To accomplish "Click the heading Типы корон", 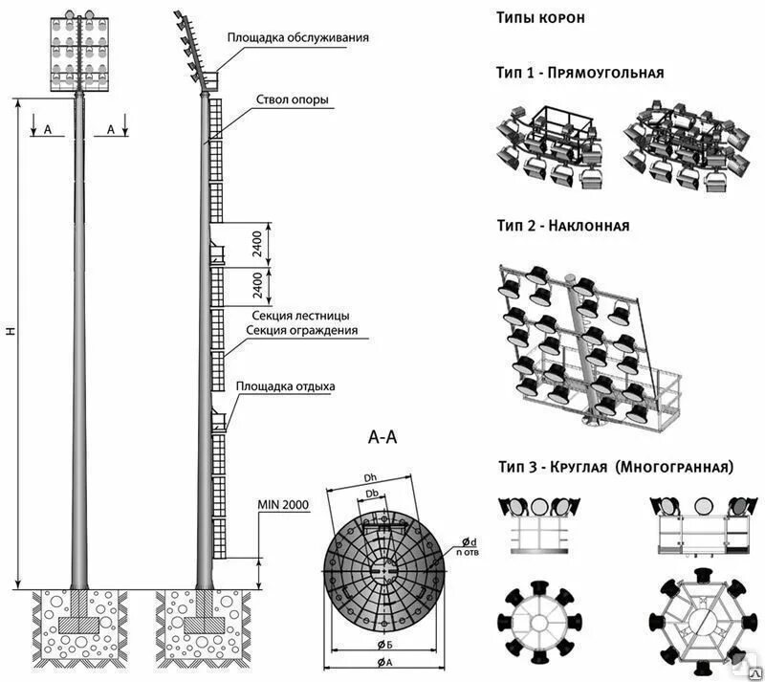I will pyautogui.click(x=541, y=17).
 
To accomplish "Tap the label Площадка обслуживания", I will pyautogui.click(x=297, y=38).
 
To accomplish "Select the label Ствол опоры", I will pyautogui.click(x=293, y=99).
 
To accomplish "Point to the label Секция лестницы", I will pyautogui.click(x=300, y=316).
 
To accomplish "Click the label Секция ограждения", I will pyautogui.click(x=302, y=331).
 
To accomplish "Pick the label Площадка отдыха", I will pyautogui.click(x=286, y=386).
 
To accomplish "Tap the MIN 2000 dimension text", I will pyautogui.click(x=283, y=504).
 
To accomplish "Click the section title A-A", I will pyautogui.click(x=382, y=437).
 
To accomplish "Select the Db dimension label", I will pyautogui.click(x=375, y=494).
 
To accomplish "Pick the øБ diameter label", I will pyautogui.click(x=381, y=644).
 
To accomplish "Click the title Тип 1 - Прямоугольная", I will pyautogui.click(x=579, y=73).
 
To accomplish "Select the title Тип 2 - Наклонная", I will pyautogui.click(x=562, y=227).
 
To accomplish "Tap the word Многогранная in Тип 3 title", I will pyautogui.click(x=676, y=468).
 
